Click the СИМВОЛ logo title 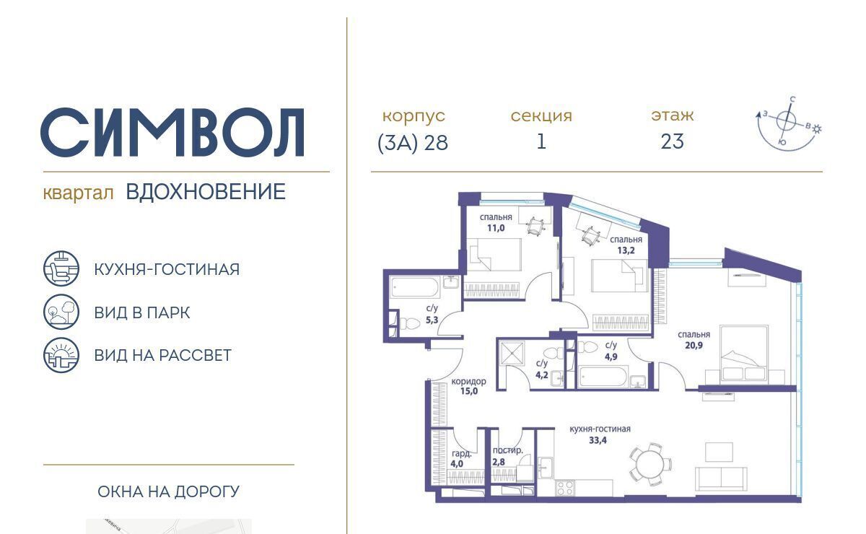point(172,132)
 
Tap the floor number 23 point(673,141)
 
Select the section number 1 point(541,141)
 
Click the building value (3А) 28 point(413,143)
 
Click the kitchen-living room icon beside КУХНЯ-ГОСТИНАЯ point(61,268)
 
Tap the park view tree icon point(61,312)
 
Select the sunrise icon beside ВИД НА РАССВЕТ point(61,355)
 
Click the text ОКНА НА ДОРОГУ point(169,492)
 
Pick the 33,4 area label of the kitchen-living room point(598,440)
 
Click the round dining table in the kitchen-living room point(651,465)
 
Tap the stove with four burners point(565,488)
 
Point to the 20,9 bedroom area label point(694,346)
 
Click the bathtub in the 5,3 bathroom point(414,287)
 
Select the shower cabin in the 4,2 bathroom point(512,353)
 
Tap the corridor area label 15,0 point(469,391)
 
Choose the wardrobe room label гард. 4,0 point(460,458)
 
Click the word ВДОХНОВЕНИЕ point(206,192)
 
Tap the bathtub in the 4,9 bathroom point(603,376)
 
